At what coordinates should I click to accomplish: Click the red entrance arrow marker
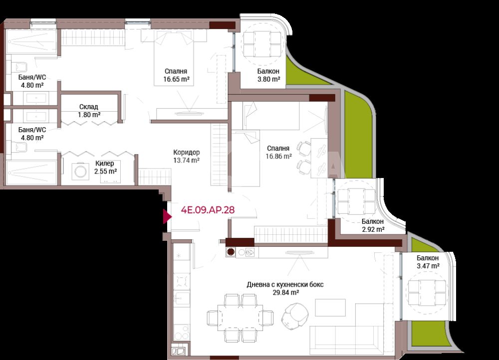click(167, 216)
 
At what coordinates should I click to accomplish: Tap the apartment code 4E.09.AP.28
click(208, 210)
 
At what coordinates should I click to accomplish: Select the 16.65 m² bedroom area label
click(176, 79)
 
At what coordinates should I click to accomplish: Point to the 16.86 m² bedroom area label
click(279, 156)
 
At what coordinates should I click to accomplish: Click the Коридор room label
click(187, 153)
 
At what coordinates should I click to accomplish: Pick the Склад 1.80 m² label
click(89, 111)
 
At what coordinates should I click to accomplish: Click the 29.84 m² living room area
click(286, 293)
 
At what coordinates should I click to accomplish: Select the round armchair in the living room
click(295, 316)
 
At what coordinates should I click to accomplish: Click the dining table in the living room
click(241, 318)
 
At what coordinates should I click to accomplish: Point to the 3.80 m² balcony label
click(268, 75)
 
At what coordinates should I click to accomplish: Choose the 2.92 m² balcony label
click(373, 225)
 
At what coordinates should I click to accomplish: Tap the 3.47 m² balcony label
click(428, 262)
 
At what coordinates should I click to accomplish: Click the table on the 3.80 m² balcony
click(262, 44)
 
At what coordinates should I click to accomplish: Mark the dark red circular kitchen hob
click(231, 252)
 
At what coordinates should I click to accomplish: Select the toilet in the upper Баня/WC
click(20, 67)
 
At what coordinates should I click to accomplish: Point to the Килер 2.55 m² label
click(105, 167)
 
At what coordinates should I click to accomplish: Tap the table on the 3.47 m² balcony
click(427, 293)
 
